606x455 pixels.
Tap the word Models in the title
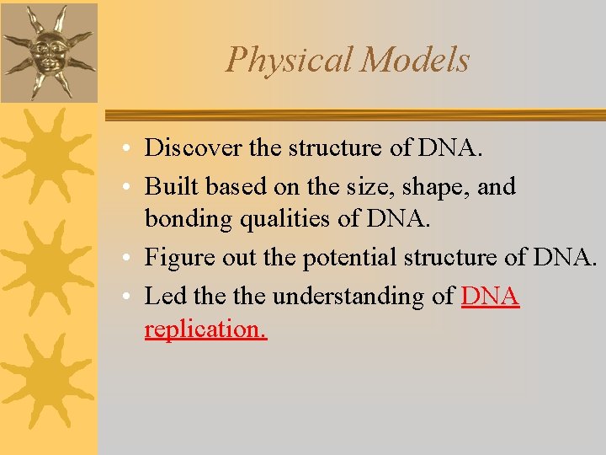click(415, 60)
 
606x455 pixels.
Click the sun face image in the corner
click(49, 51)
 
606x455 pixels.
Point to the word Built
click(167, 185)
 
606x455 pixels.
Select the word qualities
click(268, 218)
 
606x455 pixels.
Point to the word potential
click(346, 257)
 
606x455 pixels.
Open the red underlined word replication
click(205, 329)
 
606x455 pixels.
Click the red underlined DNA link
click(491, 296)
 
